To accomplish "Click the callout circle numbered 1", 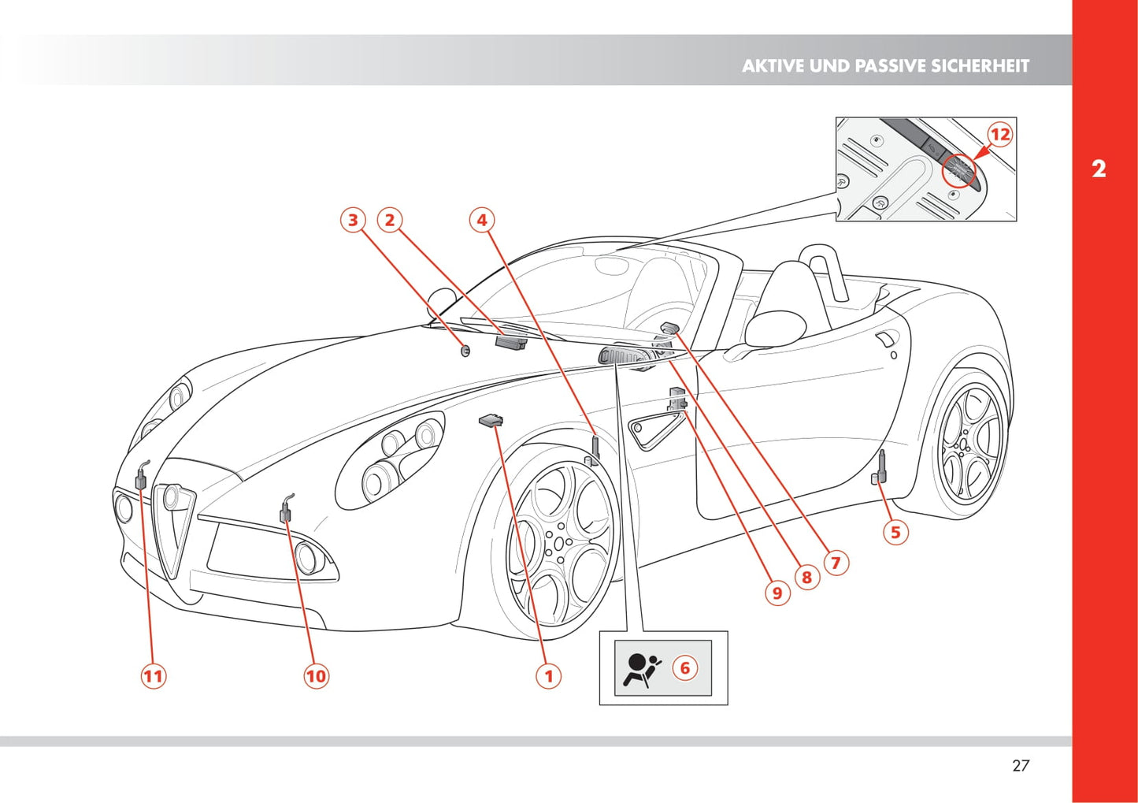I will point(549,675).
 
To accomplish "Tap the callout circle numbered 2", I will point(389,220).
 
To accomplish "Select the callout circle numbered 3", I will point(353,220).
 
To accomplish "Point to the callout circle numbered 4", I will point(482,220).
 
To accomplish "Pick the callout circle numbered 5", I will point(895,532).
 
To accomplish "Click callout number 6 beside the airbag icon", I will point(684,668).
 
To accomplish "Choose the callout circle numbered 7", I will point(836,563).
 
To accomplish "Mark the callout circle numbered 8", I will point(806,578).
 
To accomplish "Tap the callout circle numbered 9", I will point(777,593).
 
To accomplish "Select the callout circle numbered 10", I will point(316,675).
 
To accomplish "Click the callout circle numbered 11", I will point(154,675).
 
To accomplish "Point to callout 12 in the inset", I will point(999,135).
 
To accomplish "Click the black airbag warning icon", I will point(642,669).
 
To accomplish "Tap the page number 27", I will point(1021,765).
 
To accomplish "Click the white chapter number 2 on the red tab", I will point(1099,169).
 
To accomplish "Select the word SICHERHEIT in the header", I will point(980,66).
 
